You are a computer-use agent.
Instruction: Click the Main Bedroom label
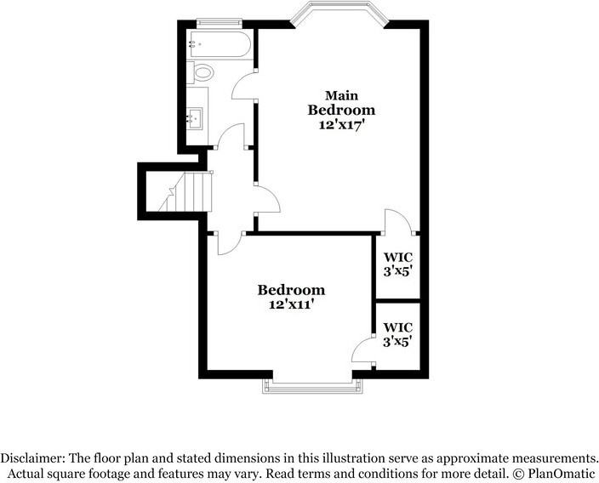click(341, 103)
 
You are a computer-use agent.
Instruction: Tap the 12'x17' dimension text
click(339, 125)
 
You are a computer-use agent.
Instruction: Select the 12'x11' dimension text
click(291, 304)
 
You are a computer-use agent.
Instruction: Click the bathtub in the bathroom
click(220, 45)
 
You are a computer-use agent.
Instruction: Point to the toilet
click(201, 72)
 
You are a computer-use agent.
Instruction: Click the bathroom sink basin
click(195, 119)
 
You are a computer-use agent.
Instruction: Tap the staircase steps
click(186, 191)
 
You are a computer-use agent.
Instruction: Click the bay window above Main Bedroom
click(339, 15)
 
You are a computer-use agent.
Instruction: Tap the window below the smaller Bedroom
click(312, 386)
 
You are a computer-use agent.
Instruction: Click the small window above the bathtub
click(220, 23)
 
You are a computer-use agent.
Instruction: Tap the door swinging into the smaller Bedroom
click(231, 243)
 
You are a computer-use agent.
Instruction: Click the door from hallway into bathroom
click(231, 136)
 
